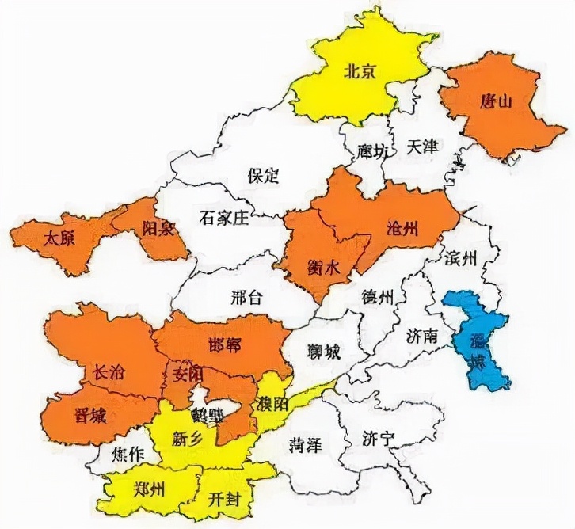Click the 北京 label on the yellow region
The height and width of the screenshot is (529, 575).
[x=359, y=71]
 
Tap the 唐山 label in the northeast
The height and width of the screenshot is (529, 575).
[x=496, y=101]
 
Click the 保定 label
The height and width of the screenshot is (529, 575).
[x=264, y=175]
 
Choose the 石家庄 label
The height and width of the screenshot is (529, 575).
[x=224, y=218]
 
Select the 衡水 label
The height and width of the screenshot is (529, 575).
[x=322, y=268]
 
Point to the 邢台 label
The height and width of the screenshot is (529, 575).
[x=246, y=298]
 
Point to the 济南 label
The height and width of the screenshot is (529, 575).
[x=421, y=337]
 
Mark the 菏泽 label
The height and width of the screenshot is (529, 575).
[x=305, y=444]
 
